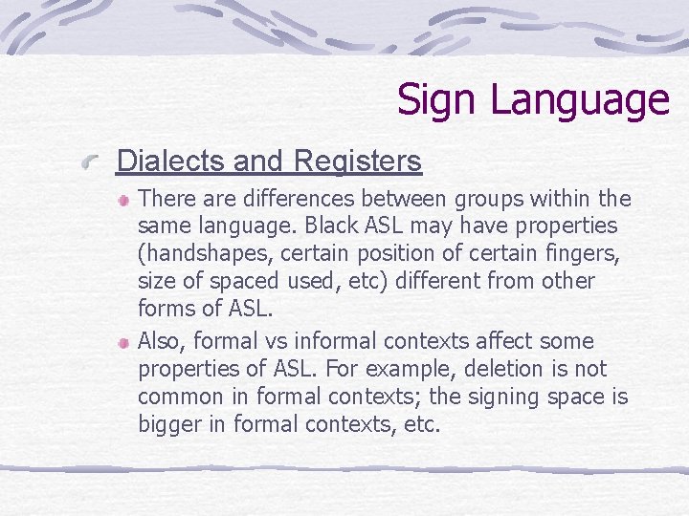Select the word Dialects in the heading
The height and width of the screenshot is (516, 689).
170,161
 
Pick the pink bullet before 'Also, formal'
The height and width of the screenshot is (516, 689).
124,341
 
